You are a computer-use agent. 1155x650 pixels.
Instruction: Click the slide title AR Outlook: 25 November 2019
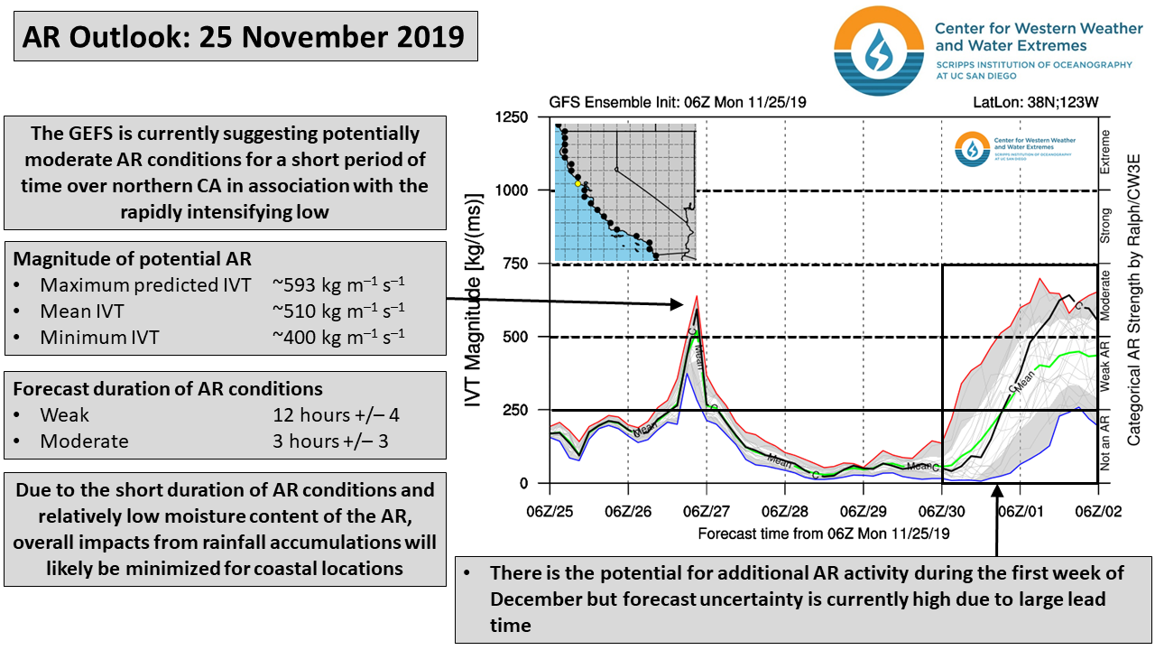(x=244, y=37)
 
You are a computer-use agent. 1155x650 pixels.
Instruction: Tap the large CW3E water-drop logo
(x=877, y=51)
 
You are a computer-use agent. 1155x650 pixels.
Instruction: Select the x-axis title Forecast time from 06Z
(x=824, y=534)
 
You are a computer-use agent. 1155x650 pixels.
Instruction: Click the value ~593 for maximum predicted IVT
(x=338, y=284)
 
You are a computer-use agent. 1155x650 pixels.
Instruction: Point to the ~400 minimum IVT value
(x=338, y=338)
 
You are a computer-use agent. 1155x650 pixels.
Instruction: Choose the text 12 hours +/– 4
(x=331, y=415)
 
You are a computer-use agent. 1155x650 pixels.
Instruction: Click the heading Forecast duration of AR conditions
(x=168, y=389)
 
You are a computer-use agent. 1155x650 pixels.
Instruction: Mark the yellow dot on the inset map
(x=578, y=184)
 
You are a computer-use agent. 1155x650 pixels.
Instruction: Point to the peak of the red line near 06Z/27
(x=697, y=296)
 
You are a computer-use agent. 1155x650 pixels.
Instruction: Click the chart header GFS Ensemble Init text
(x=678, y=102)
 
